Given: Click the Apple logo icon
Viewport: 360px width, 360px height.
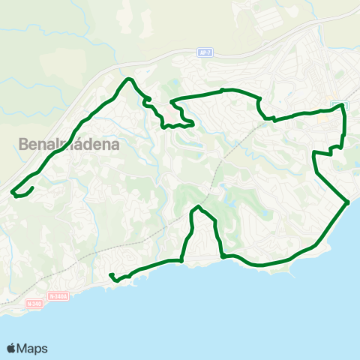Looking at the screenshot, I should (12, 348).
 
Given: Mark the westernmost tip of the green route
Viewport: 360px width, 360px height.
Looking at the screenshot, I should (13, 194).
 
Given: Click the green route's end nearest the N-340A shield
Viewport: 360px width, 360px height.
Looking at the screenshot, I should (110, 275).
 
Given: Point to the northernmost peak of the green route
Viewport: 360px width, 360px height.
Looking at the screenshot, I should (130, 79).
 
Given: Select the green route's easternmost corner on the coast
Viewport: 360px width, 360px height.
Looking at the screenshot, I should (349, 202).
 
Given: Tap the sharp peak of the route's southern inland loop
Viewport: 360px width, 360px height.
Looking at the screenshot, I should (197, 206).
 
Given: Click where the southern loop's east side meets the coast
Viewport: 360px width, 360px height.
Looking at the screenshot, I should (223, 257).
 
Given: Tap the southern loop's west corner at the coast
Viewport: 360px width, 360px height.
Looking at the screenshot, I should (182, 260).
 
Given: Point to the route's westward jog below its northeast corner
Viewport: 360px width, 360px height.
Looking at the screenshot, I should (315, 153).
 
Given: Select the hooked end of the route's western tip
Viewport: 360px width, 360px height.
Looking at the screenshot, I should (30, 188).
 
